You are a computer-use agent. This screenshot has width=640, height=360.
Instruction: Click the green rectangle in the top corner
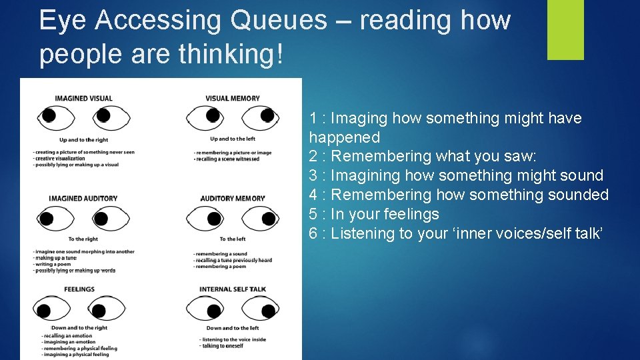(565, 29)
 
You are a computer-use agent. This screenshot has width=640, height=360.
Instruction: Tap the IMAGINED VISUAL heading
(83, 99)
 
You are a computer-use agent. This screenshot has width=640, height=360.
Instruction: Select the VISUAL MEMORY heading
(233, 99)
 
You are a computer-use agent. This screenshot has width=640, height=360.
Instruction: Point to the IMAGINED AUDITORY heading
(83, 198)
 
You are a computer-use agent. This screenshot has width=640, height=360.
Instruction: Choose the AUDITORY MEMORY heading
(233, 198)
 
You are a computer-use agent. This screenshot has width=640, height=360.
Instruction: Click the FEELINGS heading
(79, 289)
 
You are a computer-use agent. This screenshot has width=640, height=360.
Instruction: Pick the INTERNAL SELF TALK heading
(233, 289)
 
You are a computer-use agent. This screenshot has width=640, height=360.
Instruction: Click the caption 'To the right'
(83, 239)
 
